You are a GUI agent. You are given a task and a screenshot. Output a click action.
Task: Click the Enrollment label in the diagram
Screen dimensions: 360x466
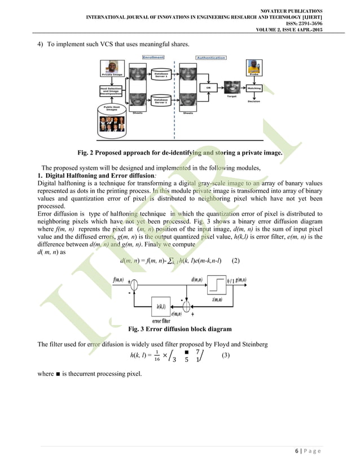(153, 58)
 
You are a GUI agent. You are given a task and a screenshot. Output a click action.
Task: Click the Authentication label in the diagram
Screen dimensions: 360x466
(210, 58)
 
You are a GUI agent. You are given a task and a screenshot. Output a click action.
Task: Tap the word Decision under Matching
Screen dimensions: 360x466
(254, 102)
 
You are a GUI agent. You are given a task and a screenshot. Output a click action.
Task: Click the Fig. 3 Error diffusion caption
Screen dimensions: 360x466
(179, 329)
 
